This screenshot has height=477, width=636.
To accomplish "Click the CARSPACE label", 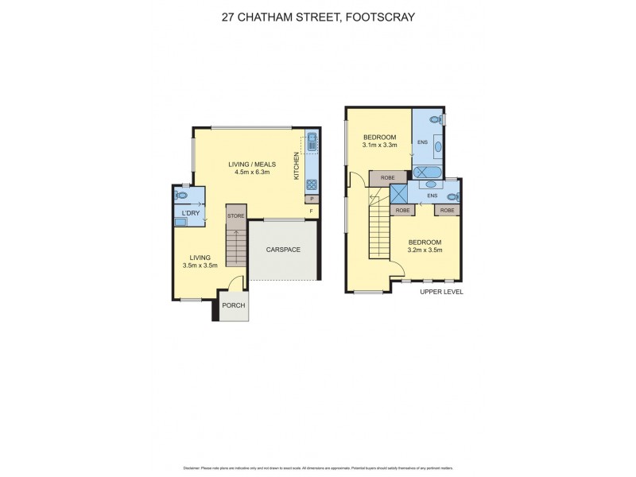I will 283,250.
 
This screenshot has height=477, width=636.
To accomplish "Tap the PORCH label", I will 234,305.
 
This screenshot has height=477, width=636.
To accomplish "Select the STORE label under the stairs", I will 236,215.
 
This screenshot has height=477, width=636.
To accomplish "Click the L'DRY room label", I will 191,213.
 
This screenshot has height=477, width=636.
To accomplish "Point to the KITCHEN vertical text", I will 297,165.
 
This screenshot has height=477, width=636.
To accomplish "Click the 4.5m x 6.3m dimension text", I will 253,173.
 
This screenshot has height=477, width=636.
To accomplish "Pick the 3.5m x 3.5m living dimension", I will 200,266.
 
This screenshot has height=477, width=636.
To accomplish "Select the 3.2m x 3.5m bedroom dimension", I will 425,250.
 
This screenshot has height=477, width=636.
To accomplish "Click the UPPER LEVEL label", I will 442,292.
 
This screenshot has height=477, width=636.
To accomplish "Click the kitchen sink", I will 312,144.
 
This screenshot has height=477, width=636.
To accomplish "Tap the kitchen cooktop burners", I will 312,186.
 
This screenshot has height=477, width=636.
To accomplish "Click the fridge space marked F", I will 312,211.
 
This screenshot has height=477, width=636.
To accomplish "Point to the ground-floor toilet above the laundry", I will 182,194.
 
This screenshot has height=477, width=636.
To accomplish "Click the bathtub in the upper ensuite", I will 426,170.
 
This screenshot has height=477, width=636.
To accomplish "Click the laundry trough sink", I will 181,223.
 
